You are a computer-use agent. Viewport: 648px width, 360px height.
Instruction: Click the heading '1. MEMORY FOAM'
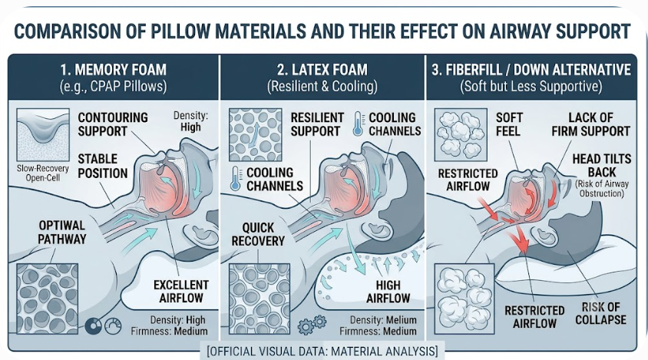point(113,69)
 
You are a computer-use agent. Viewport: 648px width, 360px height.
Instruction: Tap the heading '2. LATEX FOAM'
point(322,69)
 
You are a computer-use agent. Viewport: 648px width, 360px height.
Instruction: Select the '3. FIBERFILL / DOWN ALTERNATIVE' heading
point(531,69)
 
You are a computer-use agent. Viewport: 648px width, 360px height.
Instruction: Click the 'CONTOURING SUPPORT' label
point(113,124)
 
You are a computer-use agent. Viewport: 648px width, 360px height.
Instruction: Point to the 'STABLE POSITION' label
point(102,166)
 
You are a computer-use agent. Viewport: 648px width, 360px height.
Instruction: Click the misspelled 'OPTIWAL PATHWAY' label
point(62,233)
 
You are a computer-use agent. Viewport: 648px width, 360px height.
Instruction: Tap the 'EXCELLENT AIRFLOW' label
point(181,292)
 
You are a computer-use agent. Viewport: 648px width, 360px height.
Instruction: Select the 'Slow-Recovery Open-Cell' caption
point(43,173)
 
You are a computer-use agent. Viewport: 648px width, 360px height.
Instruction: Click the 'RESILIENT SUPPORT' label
point(317,124)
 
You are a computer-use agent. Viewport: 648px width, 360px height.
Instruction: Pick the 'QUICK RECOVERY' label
point(258,234)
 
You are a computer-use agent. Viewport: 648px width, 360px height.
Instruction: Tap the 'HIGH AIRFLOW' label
point(388,292)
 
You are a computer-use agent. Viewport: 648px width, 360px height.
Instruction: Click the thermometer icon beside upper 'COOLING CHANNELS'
point(358,124)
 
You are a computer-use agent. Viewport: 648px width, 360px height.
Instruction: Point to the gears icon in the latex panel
point(312,325)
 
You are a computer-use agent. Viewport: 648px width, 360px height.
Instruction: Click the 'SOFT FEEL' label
point(509,124)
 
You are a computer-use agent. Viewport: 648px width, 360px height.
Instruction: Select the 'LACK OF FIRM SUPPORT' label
point(590,124)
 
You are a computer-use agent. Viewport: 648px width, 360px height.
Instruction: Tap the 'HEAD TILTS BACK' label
point(602,165)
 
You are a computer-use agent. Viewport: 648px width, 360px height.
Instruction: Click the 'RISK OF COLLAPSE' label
point(601,313)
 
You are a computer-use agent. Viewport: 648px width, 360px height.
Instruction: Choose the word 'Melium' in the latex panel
point(402,320)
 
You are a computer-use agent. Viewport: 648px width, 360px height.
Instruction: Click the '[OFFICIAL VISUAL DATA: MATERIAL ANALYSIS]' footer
point(322,352)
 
